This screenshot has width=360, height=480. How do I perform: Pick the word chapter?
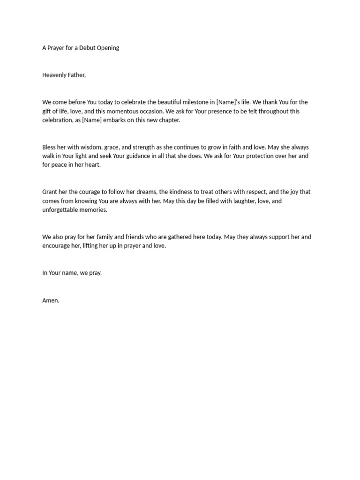pyautogui.click(x=168, y=120)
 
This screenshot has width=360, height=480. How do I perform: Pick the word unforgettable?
pyautogui.click(x=63, y=210)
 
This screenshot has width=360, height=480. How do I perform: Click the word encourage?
pyautogui.click(x=58, y=246)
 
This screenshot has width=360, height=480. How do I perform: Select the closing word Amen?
pyautogui.click(x=51, y=300)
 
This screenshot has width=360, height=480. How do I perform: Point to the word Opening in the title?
pyautogui.click(x=108, y=48)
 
